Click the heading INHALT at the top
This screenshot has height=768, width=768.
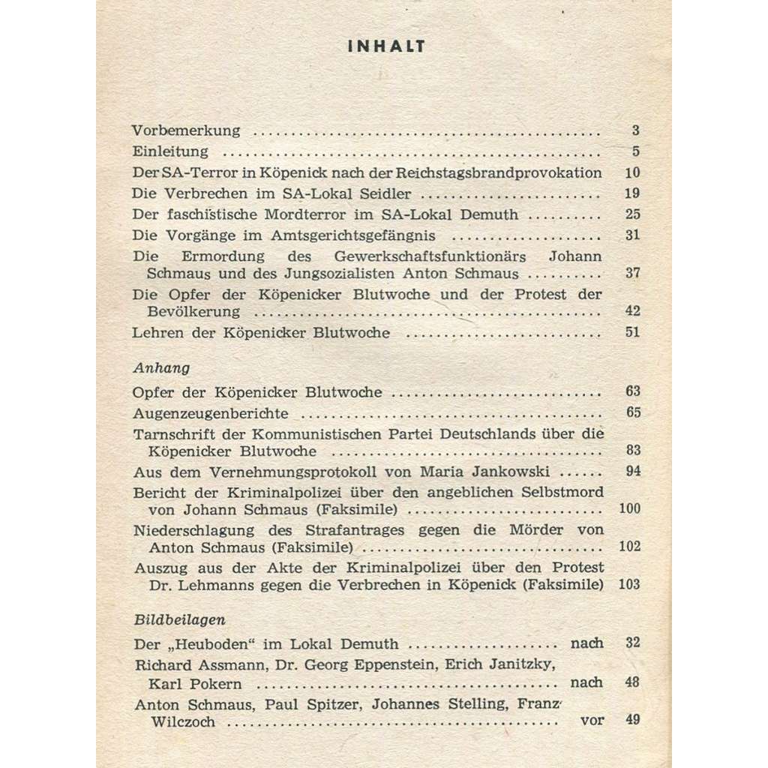coord(388,46)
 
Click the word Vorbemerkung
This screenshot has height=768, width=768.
coord(186,130)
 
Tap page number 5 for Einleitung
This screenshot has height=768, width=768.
coord(635,151)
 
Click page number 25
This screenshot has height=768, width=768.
coord(632,214)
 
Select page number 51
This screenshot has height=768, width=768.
coord(632,332)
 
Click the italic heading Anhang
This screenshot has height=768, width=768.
coord(160,368)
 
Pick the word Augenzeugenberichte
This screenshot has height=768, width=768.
coord(211,412)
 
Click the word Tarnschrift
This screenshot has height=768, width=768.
coord(172,433)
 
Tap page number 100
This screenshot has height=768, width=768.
coord(630,509)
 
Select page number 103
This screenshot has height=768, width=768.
coord(630,584)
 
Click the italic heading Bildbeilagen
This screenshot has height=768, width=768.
coord(180,620)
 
